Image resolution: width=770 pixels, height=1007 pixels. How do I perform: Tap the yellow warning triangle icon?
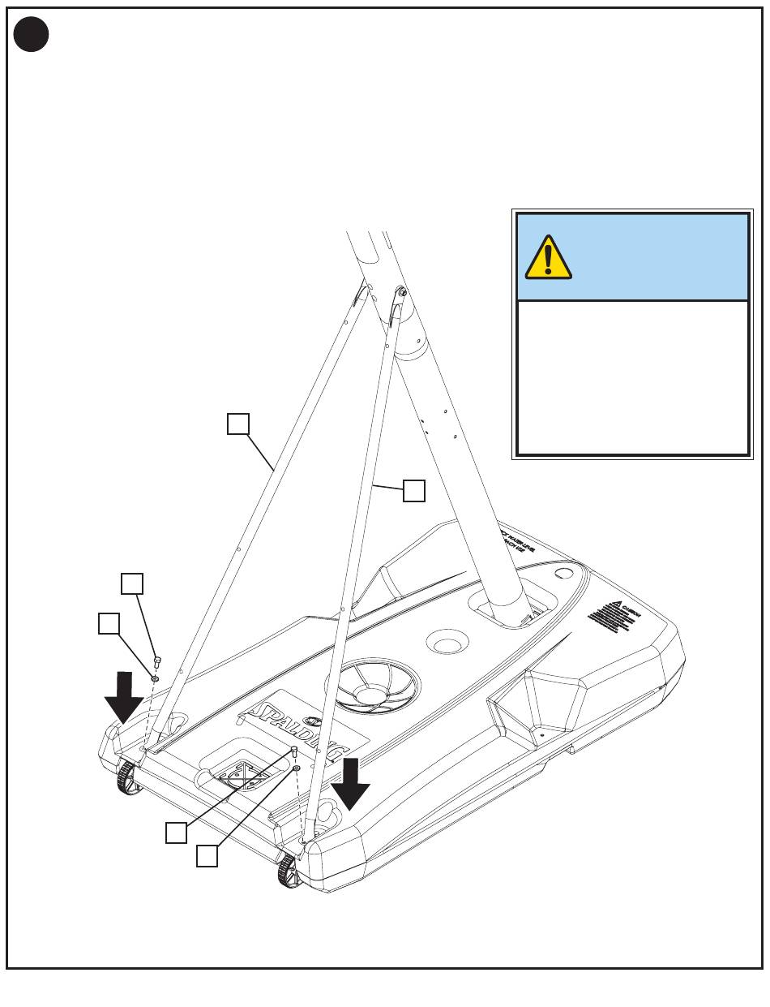(x=549, y=257)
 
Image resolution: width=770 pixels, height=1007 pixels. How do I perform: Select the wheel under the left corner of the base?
(x=126, y=780)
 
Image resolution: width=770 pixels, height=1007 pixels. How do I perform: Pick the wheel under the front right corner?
(x=289, y=871)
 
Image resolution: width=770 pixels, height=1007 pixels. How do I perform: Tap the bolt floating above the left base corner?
(x=158, y=662)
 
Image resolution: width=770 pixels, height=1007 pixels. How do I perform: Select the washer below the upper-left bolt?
(x=155, y=678)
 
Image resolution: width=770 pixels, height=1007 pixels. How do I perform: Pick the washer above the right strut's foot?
(x=298, y=768)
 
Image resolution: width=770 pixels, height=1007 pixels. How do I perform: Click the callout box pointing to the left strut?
(x=237, y=424)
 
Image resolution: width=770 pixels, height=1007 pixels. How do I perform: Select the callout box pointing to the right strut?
(x=414, y=491)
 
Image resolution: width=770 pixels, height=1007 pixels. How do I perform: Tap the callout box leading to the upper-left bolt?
(x=132, y=584)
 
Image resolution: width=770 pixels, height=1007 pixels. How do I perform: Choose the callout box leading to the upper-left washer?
(x=109, y=623)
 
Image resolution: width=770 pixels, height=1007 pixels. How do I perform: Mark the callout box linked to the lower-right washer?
(x=207, y=855)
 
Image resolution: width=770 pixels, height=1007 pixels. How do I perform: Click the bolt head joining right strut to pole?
(x=400, y=292)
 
